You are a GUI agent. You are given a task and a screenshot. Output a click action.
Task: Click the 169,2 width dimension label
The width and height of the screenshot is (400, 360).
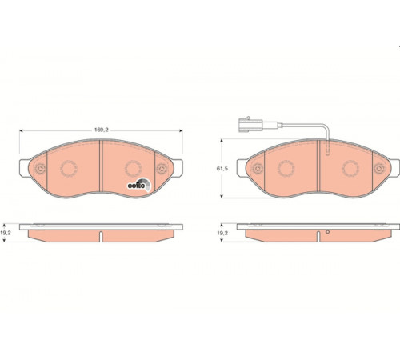click(x=102, y=130)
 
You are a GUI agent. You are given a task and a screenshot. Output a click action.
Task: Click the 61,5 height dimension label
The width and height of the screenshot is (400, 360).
click(x=222, y=169)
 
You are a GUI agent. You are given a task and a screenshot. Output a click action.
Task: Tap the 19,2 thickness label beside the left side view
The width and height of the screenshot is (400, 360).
click(x=6, y=233)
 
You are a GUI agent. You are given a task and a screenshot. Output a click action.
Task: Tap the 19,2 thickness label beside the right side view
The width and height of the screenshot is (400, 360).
click(x=222, y=233)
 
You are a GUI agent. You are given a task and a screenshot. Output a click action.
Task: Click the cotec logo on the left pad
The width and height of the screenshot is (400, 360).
click(x=138, y=185)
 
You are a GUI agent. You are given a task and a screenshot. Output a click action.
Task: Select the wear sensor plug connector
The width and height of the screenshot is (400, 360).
click(x=250, y=124)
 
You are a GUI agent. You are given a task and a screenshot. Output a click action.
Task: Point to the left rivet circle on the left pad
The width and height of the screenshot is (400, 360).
click(x=41, y=169)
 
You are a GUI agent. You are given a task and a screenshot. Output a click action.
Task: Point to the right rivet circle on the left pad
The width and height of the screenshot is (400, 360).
click(x=162, y=169)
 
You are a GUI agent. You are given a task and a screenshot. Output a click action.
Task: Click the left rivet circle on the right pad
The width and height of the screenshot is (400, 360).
click(x=258, y=169)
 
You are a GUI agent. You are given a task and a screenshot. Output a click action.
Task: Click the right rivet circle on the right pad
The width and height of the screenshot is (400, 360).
click(x=379, y=169)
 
